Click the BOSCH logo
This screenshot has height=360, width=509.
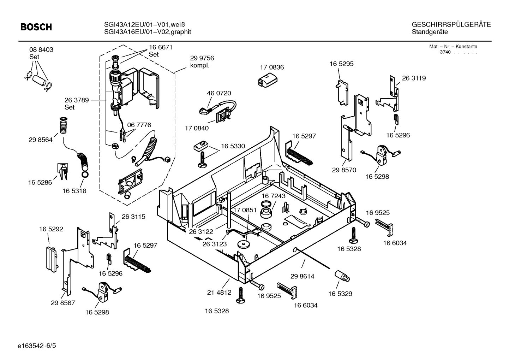[36, 27]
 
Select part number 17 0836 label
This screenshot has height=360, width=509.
[272, 67]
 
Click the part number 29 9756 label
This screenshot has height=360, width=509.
[202, 58]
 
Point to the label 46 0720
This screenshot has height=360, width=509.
[219, 93]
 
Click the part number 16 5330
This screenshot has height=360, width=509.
[233, 146]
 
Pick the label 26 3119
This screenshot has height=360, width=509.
[414, 78]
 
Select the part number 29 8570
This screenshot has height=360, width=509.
[344, 170]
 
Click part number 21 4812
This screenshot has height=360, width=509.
[219, 292]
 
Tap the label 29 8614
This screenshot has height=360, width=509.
[302, 276]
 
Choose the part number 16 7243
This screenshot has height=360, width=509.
[274, 196]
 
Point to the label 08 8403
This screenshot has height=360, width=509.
[41, 50]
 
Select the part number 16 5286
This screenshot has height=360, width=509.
[40, 182]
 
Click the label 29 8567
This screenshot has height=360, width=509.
[63, 303]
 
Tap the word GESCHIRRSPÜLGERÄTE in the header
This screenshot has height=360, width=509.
[451, 25]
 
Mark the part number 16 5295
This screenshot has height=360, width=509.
[341, 64]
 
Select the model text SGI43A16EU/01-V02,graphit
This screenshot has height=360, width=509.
[148, 32]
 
